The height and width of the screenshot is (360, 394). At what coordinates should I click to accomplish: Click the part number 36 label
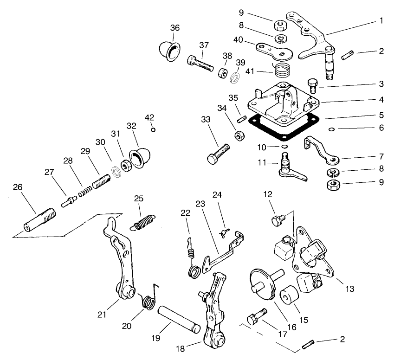tap(174, 28)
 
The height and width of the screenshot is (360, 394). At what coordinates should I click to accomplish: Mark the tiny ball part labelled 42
tap(153, 129)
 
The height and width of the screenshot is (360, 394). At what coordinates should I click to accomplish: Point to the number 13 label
tap(349, 289)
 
